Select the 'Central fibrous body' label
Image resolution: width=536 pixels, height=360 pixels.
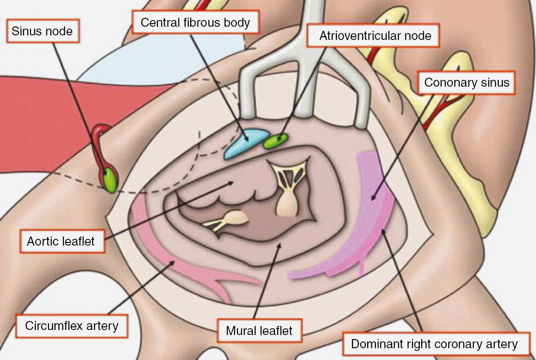coord(195,22)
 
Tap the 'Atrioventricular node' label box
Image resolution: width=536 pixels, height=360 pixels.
coord(375,35)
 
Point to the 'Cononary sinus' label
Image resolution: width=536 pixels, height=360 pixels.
coord(467,83)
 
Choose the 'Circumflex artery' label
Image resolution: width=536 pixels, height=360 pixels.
coord(72,325)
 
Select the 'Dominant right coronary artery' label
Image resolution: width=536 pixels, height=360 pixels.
coord(434,344)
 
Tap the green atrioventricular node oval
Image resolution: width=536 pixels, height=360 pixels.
coord(275,141)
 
